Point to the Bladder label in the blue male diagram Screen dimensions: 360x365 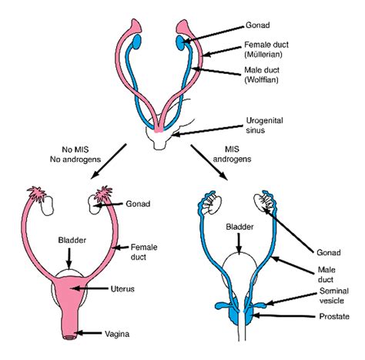pos(239,227)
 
